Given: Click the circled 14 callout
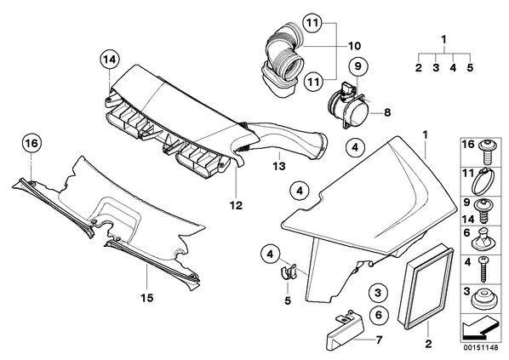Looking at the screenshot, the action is [x=110, y=60].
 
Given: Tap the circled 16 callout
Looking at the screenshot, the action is [x=31, y=143].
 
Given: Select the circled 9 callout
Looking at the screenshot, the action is [x=357, y=66].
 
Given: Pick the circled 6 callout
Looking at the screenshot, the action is [x=379, y=315].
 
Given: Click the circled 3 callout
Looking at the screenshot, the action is [x=378, y=293].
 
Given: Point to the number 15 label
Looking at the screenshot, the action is [x=146, y=298].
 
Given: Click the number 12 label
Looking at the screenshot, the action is [x=236, y=205].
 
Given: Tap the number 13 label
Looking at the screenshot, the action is [x=279, y=166].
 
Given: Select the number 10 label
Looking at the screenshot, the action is [x=354, y=46].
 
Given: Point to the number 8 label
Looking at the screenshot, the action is [x=387, y=112].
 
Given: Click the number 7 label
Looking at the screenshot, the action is [x=379, y=340].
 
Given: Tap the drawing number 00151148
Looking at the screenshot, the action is [x=480, y=348].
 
